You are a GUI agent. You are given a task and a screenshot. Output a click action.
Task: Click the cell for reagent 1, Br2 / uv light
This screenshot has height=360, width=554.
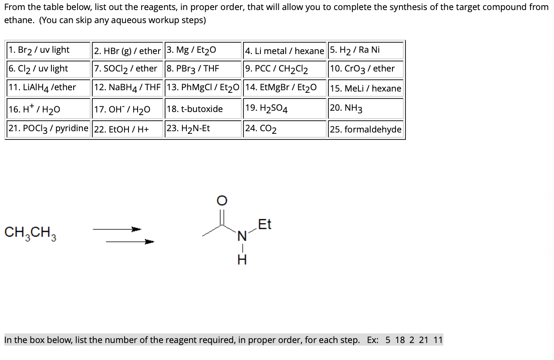pyautogui.click(x=48, y=50)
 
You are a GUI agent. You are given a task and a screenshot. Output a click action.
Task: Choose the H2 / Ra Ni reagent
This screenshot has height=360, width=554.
pyautogui.click(x=365, y=50)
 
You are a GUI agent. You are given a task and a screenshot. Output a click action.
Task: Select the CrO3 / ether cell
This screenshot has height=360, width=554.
pyautogui.click(x=365, y=68)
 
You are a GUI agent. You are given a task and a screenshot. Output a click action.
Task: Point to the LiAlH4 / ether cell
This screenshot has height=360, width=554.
pyautogui.click(x=48, y=87)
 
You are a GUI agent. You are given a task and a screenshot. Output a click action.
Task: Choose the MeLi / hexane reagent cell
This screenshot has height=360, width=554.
pyautogui.click(x=365, y=88)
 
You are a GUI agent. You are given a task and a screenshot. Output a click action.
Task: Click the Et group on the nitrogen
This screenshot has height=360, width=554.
pyautogui.click(x=264, y=224)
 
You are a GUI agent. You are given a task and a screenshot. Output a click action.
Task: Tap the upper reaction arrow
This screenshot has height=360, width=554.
pyautogui.click(x=117, y=229)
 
